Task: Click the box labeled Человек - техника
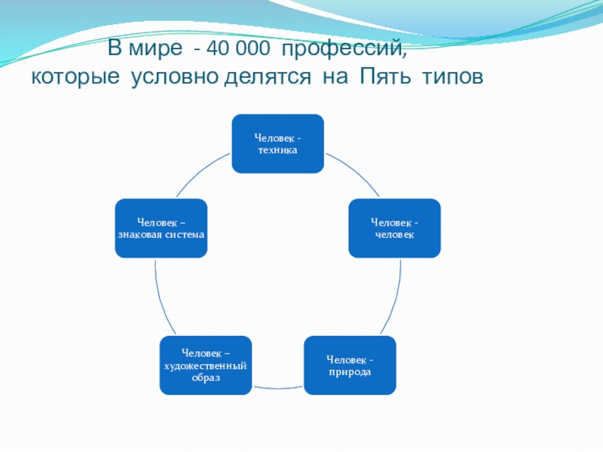(277, 143)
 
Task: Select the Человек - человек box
(394, 228)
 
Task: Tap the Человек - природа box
(350, 365)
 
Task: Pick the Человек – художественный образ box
(206, 365)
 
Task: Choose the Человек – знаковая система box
(161, 228)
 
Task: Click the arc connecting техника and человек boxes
(356, 171)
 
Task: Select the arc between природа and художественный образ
(278, 388)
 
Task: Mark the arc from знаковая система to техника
(200, 171)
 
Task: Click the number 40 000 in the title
(238, 48)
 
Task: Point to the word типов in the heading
(453, 77)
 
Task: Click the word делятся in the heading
(268, 78)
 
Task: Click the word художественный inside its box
(205, 366)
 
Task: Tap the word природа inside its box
(350, 372)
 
